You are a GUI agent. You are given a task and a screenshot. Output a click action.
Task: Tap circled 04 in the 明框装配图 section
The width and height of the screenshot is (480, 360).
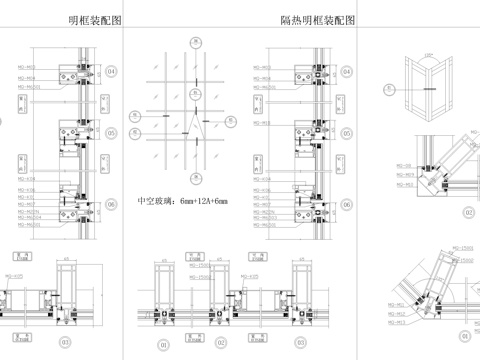point(112,72)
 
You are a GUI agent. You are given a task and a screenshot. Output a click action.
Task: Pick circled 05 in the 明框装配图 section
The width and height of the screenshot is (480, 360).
point(112,131)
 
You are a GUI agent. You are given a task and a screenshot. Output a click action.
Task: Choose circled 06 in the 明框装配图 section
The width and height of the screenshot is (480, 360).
point(112,204)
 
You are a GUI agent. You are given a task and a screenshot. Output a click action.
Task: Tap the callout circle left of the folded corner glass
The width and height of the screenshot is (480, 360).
point(390,88)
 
